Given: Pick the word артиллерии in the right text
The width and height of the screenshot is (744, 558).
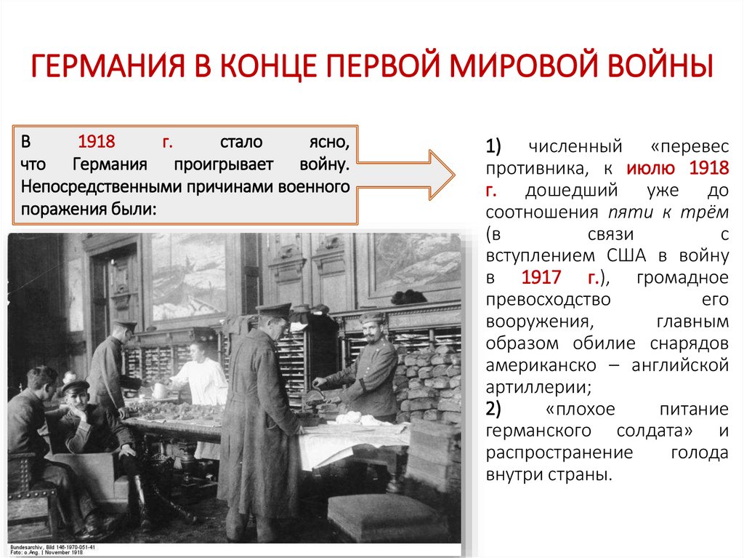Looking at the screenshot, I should tap(533, 386).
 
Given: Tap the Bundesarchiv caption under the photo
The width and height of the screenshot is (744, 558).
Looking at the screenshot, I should tap(51, 548).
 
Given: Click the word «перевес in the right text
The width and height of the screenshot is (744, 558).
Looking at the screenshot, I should tap(690, 147).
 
